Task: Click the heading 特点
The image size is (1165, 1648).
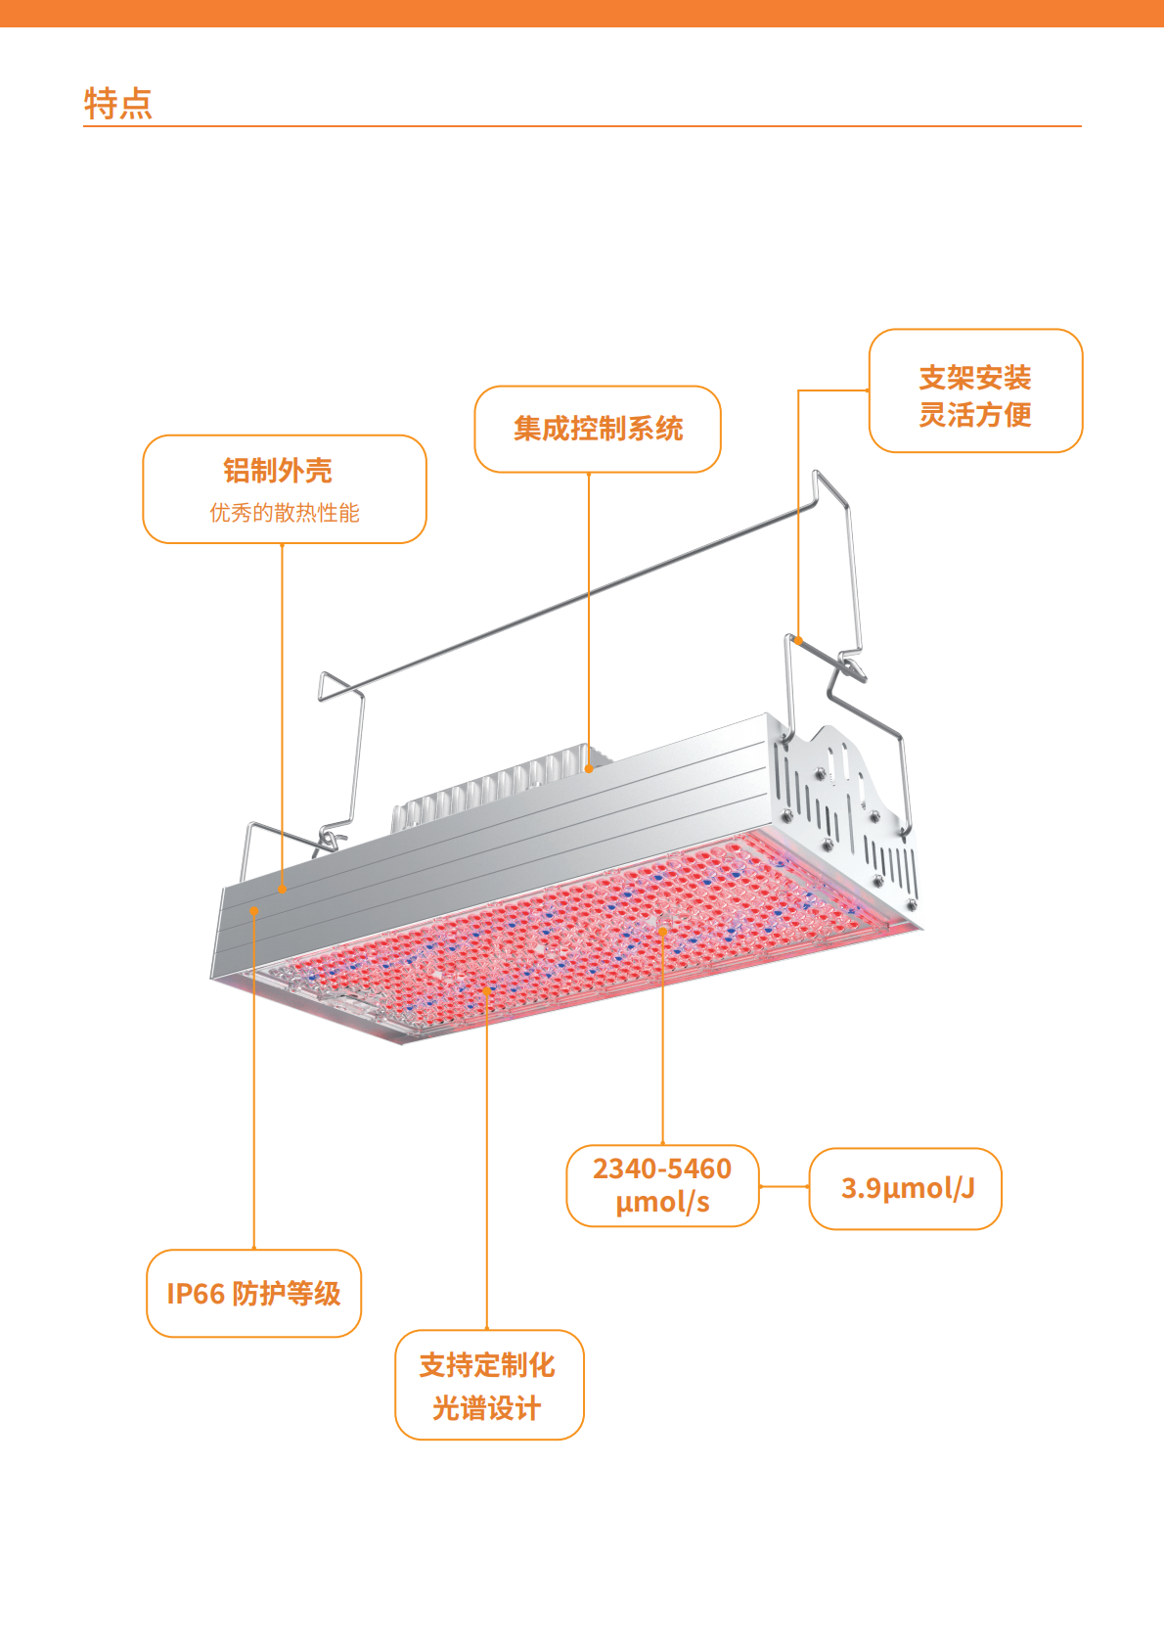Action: tap(118, 103)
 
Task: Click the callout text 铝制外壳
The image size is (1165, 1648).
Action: tap(278, 471)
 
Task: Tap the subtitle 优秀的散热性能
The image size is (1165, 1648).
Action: tap(285, 513)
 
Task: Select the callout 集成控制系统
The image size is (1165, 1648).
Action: tap(598, 429)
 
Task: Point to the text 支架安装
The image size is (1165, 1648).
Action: tap(975, 378)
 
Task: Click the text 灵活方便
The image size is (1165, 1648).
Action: tap(975, 415)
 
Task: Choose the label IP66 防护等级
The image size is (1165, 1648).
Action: tap(253, 1294)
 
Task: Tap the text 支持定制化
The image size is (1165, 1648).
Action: tap(487, 1365)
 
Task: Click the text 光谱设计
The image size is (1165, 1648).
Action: tap(487, 1408)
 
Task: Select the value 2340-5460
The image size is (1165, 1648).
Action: tap(662, 1168)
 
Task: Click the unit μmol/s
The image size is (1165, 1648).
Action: tap(662, 1203)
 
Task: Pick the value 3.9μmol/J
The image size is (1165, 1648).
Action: tap(907, 1188)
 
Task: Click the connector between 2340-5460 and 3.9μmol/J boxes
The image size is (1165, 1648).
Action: tap(784, 1187)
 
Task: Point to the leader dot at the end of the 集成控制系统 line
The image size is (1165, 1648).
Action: tap(589, 769)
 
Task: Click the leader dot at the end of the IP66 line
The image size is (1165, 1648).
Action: tap(254, 911)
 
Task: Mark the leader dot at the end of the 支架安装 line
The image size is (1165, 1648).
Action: tap(799, 641)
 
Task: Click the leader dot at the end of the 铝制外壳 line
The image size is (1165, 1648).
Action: tap(283, 890)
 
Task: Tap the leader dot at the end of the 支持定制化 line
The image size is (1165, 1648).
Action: tap(487, 990)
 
